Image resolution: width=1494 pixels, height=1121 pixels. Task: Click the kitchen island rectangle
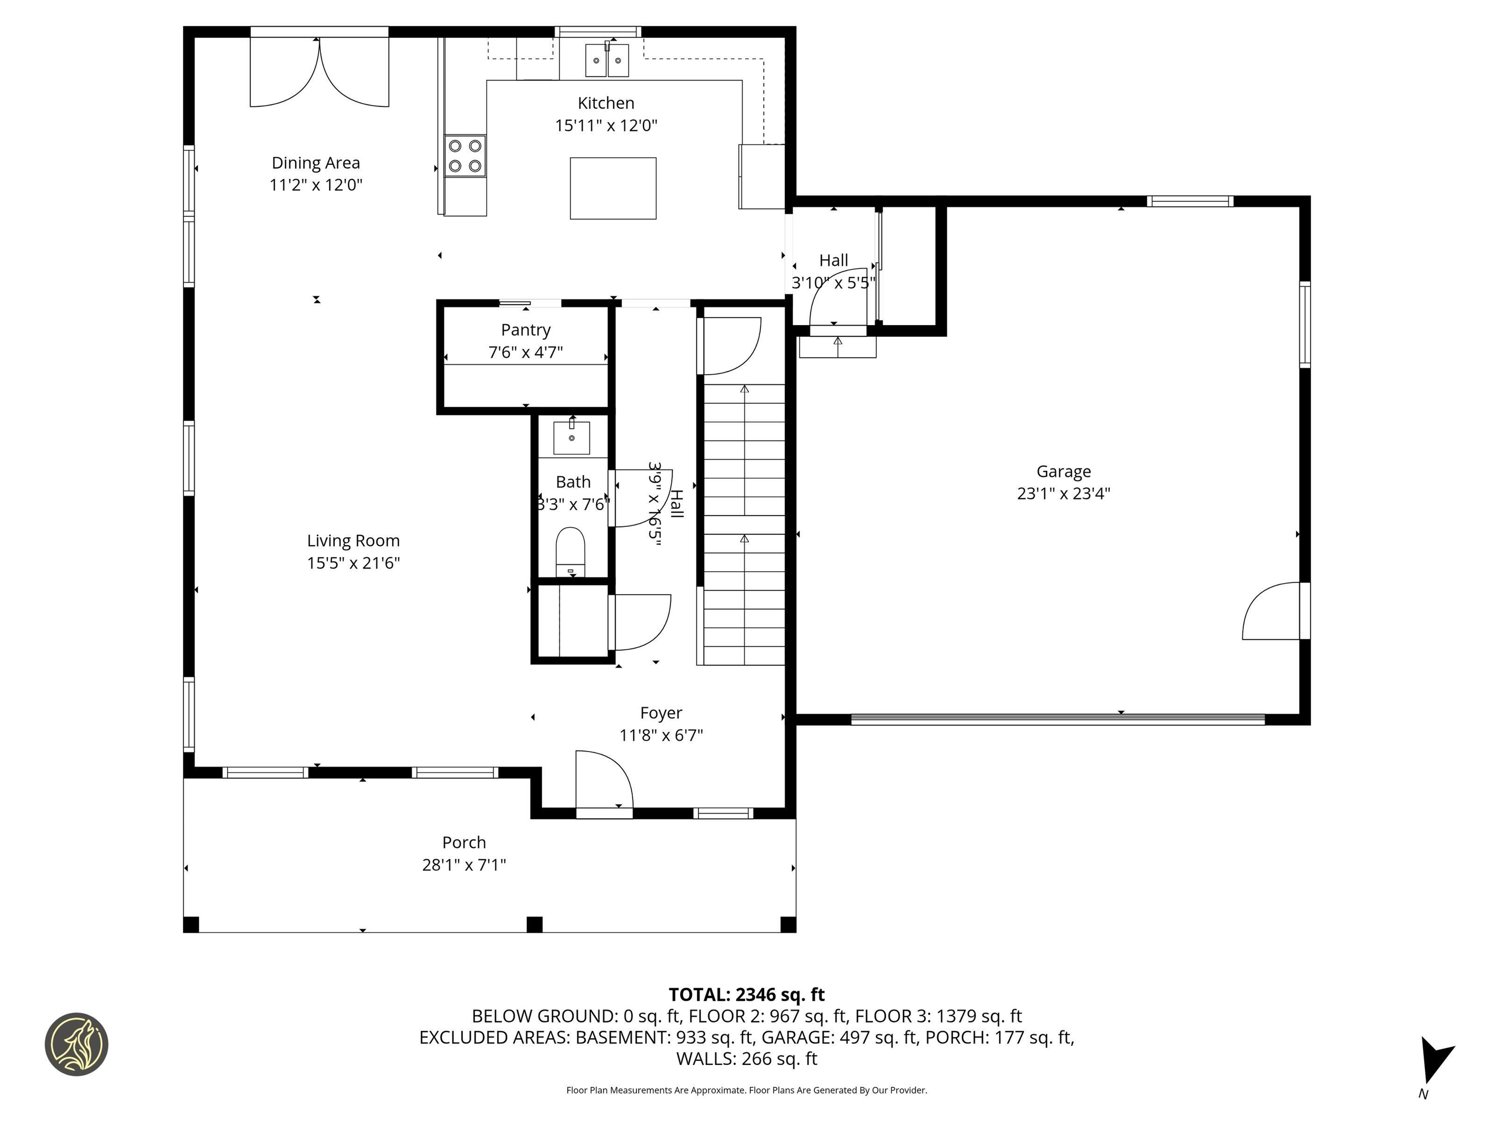tap(613, 188)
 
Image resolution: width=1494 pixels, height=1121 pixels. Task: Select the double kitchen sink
tap(606, 61)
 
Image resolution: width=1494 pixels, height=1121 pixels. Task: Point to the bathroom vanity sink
tap(571, 438)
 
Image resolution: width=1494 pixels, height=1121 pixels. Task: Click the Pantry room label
tap(525, 330)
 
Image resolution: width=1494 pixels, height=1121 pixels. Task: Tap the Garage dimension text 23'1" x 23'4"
tap(1063, 493)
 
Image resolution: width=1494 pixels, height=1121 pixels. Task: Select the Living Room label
tap(353, 541)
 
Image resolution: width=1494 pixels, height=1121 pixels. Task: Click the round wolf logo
tap(76, 1044)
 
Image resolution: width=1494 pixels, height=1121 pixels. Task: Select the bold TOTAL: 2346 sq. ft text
tap(747, 994)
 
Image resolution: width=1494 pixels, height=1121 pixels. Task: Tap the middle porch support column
tap(534, 923)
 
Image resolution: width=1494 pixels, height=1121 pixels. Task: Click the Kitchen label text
tap(606, 103)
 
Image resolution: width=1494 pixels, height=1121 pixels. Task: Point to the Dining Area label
tap(316, 163)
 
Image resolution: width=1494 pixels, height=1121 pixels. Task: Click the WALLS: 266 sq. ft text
tap(747, 1059)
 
